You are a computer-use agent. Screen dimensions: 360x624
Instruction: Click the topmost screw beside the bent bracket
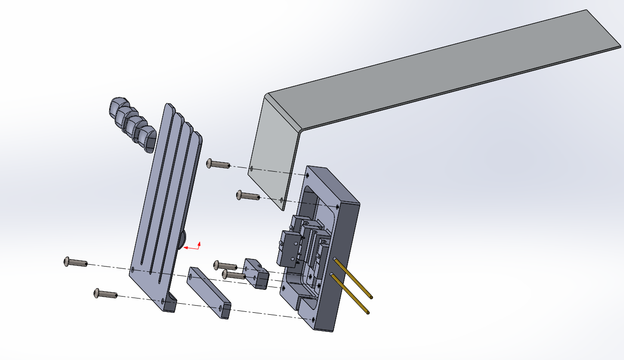[217, 164]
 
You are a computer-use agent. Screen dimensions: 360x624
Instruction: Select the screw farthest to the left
[75, 262]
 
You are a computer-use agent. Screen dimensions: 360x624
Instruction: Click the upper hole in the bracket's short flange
[251, 168]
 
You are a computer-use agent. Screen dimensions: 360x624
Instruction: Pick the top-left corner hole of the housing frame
[307, 175]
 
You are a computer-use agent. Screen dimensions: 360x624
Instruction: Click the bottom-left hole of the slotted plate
[133, 270]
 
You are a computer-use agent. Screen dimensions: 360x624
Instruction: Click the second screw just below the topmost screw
[247, 195]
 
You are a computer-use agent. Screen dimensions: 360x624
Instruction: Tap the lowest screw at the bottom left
[105, 294]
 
